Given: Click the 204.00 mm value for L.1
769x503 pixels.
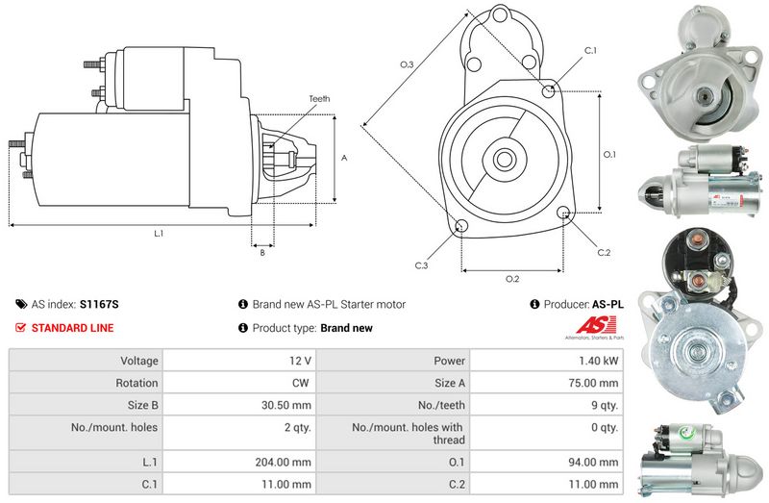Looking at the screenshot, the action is tap(283, 462).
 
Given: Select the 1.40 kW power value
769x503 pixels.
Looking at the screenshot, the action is tap(598, 361).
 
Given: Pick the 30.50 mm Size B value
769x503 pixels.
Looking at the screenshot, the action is tap(286, 405).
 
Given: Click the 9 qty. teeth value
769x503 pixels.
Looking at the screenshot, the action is tap(605, 405).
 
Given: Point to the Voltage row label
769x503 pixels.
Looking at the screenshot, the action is tap(139, 362).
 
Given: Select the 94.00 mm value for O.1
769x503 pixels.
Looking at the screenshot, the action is tap(593, 462).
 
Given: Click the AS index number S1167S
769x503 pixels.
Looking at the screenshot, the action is tap(99, 304).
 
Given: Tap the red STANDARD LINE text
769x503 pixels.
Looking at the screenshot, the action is tap(73, 328).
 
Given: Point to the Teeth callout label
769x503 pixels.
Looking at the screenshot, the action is tap(319, 99).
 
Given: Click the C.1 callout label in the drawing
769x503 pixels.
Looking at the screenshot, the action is tap(590, 50).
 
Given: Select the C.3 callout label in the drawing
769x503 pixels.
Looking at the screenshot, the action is tap(421, 265).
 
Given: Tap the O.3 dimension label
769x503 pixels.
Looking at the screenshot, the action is tap(407, 64).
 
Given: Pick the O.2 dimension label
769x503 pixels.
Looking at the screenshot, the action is tap(512, 279).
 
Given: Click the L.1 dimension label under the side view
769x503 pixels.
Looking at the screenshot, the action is tap(159, 234).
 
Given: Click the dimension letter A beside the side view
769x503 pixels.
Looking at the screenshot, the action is tap(344, 158).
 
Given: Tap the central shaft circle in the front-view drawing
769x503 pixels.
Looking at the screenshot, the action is tap(504, 159).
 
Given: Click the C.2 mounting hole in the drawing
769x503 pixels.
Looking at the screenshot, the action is tap(563, 213).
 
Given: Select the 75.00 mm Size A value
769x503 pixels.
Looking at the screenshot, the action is tap(593, 383).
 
